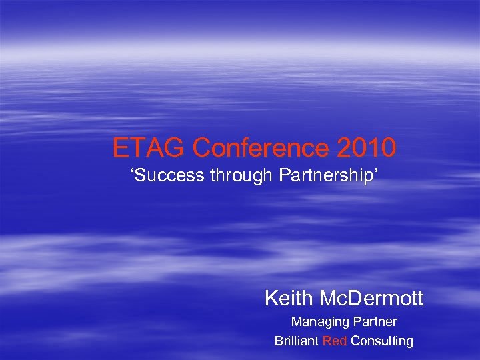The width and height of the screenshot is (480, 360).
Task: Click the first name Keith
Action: [x=291, y=298]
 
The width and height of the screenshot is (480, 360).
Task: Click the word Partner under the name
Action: [x=375, y=322]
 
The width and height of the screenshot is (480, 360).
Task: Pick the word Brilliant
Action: [x=297, y=341]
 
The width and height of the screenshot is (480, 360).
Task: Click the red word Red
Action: [x=335, y=341]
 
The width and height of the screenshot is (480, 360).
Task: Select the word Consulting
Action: [x=382, y=341]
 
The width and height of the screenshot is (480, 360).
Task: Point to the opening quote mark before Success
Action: [x=130, y=175]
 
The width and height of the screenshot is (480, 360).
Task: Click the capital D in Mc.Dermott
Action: [x=364, y=298]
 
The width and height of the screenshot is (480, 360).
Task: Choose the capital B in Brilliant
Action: [x=278, y=341]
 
